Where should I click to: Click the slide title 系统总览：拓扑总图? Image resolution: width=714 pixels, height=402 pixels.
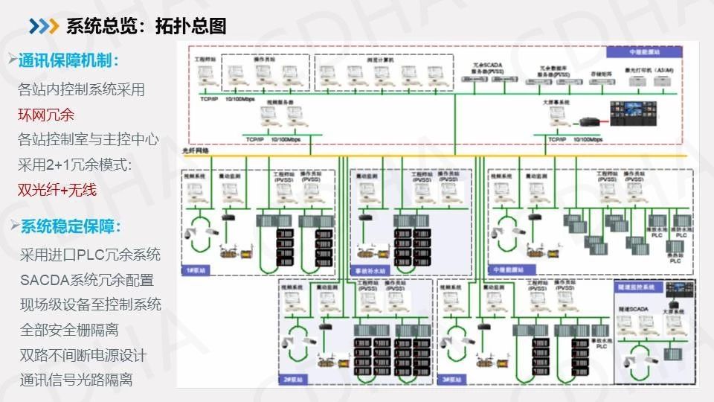pyautogui.click(x=146, y=26)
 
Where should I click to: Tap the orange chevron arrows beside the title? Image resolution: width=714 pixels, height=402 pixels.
pyautogui.click(x=44, y=26)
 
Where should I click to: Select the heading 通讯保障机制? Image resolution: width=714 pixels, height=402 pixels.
pyautogui.click(x=68, y=60)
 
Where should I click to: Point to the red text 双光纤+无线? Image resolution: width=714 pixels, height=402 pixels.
pyautogui.click(x=57, y=190)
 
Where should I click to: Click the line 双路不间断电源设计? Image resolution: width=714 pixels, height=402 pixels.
pyautogui.click(x=83, y=354)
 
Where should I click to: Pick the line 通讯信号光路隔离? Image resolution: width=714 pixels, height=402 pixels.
pyautogui.click(x=77, y=380)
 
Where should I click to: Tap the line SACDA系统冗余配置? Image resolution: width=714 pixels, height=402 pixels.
pyautogui.click(x=87, y=280)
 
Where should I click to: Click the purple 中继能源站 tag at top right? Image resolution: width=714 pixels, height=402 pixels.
pyautogui.click(x=644, y=52)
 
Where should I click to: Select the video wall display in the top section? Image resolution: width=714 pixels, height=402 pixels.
pyautogui.click(x=633, y=109)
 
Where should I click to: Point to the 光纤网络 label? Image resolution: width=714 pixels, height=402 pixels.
pyautogui.click(x=196, y=150)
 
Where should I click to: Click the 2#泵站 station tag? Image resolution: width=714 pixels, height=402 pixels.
pyautogui.click(x=291, y=380)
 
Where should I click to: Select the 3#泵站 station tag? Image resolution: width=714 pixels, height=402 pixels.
pyautogui.click(x=451, y=380)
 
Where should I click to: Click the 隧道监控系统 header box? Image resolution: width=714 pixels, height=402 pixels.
pyautogui.click(x=637, y=286)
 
